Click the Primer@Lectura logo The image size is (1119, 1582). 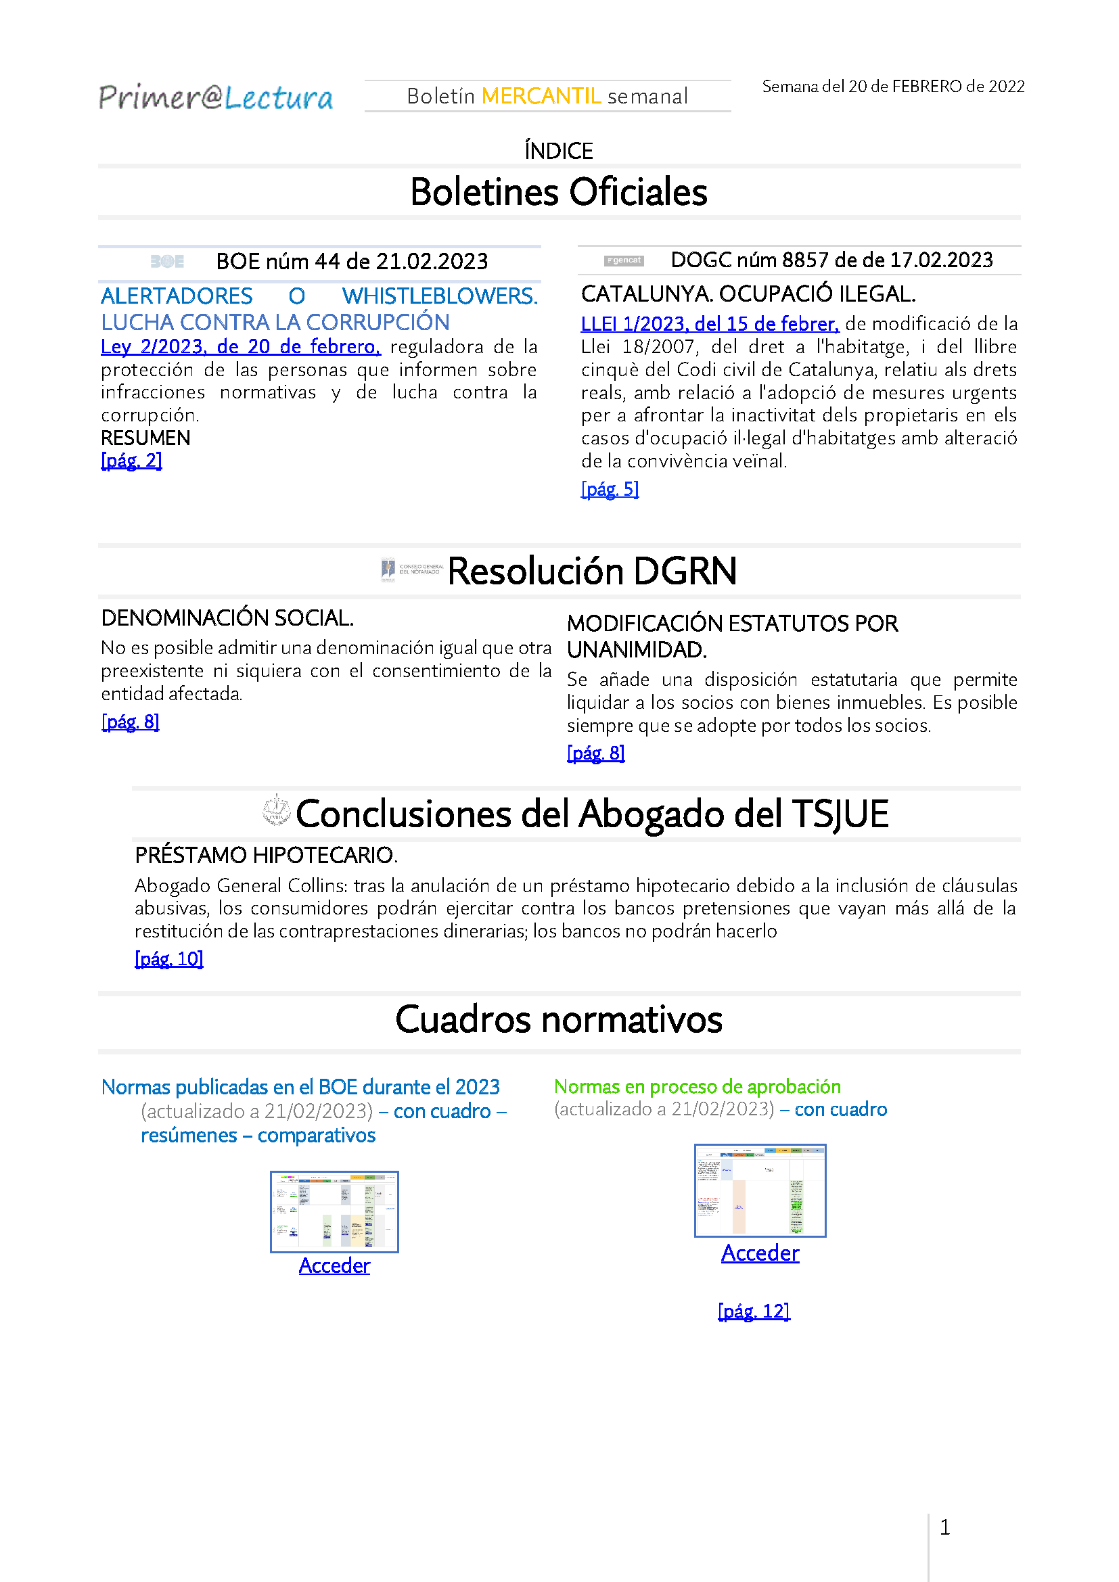pos(215,97)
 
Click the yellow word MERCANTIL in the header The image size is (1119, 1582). pos(541,96)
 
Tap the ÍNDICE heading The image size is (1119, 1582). pos(558,151)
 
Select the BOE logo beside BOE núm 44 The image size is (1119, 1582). pos(166,262)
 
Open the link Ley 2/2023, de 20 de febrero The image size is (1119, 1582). pos(239,346)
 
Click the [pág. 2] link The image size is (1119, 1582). pos(131,461)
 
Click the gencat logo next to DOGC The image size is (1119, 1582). pos(624,260)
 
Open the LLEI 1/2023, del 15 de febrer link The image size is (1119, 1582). pos(709,324)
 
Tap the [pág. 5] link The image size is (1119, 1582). pos(609,489)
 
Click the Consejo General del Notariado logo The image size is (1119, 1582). pos(412,571)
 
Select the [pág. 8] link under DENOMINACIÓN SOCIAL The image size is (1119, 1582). pos(130,722)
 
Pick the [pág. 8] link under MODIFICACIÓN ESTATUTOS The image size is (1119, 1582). pos(595,753)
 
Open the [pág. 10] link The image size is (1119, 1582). pos(169,958)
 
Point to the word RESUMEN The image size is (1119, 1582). pos(145,438)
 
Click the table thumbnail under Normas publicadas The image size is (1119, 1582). pos(334,1211)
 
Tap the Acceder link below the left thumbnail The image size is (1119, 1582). pos(334,1265)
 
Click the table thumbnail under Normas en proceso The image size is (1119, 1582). pos(759,1190)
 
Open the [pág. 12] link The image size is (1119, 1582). pos(753,1311)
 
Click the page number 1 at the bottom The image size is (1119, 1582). pos(944,1528)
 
